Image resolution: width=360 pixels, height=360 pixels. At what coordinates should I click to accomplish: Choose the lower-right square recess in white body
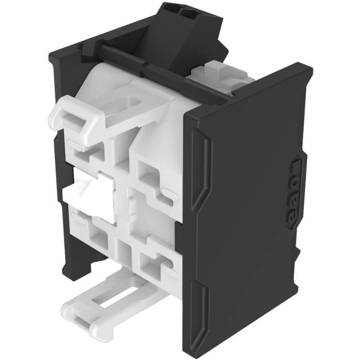152,264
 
